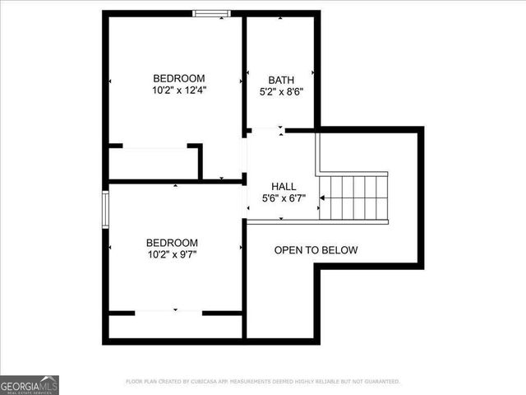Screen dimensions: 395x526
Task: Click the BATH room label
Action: pos(281,80)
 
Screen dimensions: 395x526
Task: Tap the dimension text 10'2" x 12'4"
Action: pos(178,90)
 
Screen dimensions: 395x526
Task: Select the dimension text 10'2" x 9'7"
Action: pos(172,255)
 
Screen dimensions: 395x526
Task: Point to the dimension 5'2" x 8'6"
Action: pos(281,93)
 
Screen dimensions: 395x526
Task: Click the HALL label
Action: pos(284,187)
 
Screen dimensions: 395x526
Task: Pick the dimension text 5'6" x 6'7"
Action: pos(284,199)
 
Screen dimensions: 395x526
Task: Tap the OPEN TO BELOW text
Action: pos(316,250)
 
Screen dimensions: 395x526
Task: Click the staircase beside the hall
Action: pos(353,197)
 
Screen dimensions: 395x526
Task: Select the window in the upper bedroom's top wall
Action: pos(210,13)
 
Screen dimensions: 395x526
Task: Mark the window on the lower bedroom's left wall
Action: pos(105,207)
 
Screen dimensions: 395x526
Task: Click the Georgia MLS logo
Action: pos(30,384)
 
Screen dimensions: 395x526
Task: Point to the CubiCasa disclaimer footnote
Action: pos(262,382)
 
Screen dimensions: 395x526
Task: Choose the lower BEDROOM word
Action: pos(172,243)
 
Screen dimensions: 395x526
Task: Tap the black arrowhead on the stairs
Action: pos(323,198)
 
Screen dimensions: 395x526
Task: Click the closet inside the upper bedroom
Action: pos(155,164)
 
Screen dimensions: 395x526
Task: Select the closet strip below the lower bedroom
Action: pos(175,326)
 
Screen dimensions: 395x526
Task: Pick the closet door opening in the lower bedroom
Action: pos(168,313)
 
